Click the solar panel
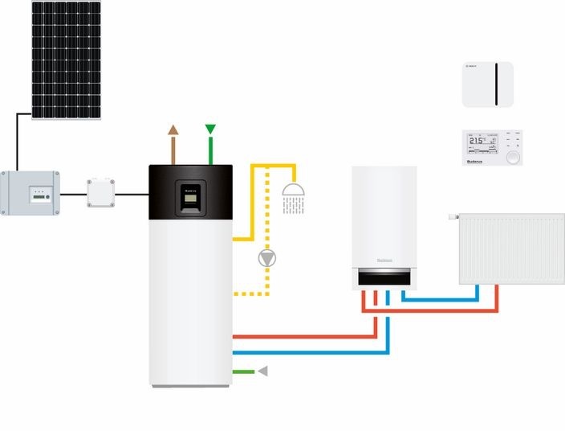point(67,60)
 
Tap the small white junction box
point(101,193)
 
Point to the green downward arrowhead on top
point(210,129)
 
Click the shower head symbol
point(295,191)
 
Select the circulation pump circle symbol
point(266,259)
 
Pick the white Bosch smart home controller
point(488,83)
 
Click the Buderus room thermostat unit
point(492,149)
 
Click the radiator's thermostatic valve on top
point(453,216)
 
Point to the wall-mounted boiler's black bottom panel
point(385,277)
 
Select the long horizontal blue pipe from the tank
point(305,351)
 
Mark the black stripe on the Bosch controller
point(503,83)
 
